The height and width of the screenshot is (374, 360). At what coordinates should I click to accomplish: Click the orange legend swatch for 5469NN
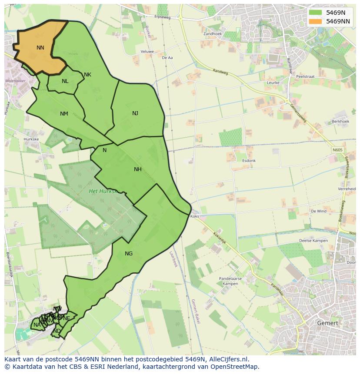(316, 21)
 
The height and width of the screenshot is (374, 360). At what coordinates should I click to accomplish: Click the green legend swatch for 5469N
(316, 13)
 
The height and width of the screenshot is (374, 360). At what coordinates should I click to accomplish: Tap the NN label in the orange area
(40, 48)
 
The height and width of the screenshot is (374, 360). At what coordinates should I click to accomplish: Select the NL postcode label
(65, 81)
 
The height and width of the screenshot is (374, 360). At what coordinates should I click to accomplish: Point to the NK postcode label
(87, 75)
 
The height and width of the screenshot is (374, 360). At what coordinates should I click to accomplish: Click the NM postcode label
(64, 114)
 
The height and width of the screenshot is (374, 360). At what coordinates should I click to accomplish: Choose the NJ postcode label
(135, 113)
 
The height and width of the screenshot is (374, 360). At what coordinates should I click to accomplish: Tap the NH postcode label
(138, 169)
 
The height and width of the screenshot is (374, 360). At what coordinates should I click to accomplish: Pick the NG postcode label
(129, 254)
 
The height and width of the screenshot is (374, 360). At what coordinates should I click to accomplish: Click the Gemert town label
(327, 323)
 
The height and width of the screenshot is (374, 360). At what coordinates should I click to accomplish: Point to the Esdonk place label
(249, 161)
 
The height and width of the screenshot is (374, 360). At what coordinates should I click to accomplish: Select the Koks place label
(194, 216)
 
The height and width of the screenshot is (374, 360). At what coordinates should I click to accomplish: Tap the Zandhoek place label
(213, 33)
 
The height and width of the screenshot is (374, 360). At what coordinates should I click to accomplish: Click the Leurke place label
(273, 83)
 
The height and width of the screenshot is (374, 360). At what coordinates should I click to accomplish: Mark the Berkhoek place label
(340, 122)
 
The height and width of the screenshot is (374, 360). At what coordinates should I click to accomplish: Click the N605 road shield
(338, 150)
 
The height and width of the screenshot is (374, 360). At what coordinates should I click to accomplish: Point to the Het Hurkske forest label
(103, 191)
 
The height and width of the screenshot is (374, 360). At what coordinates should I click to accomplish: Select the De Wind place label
(318, 211)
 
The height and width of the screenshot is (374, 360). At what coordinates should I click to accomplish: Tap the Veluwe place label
(147, 51)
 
